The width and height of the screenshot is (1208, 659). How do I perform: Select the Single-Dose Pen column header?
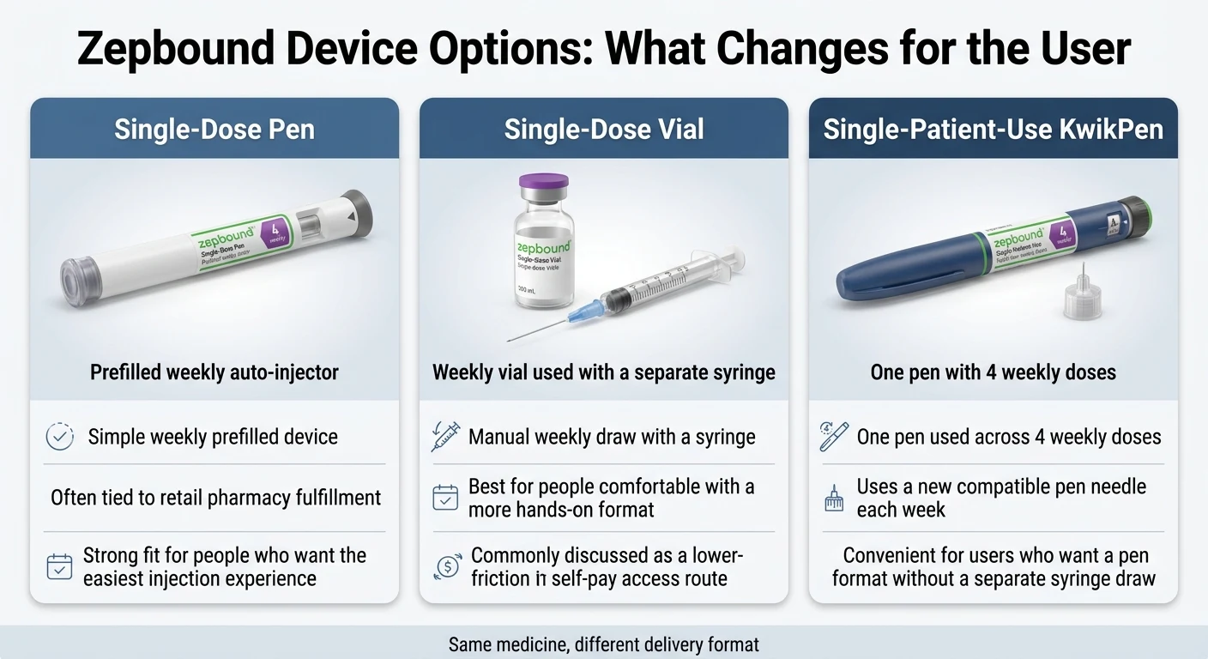(214, 130)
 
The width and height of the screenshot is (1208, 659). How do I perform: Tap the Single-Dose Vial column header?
(604, 130)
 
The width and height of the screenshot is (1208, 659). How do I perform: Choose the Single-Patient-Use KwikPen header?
(994, 130)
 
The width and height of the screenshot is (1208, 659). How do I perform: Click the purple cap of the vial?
(543, 184)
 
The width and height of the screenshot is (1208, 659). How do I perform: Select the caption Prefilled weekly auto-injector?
(214, 372)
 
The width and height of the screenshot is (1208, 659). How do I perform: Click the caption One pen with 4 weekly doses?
(994, 372)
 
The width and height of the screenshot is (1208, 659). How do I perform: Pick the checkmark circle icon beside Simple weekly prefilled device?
(59, 437)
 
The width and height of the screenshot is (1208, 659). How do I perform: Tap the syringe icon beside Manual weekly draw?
(445, 437)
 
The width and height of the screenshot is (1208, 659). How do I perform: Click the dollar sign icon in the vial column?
(445, 567)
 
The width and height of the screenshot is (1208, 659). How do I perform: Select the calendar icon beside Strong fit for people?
(59, 567)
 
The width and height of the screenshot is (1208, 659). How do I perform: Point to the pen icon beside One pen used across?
(834, 437)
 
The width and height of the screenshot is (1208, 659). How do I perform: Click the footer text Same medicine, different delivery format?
(604, 644)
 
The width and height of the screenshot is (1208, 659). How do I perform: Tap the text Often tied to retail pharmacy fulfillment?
(215, 498)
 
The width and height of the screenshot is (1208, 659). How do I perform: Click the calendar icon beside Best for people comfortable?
(445, 498)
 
